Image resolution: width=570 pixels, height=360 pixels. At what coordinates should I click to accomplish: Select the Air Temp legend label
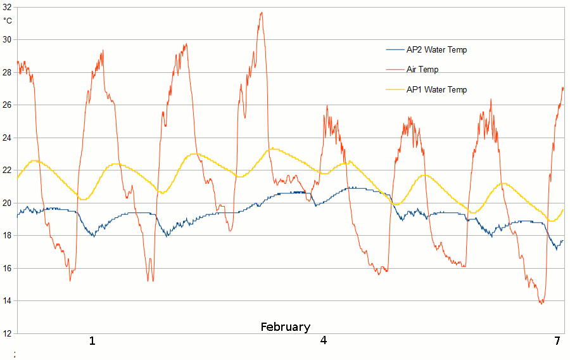point(422,70)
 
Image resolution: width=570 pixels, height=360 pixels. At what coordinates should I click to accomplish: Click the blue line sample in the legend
point(395,50)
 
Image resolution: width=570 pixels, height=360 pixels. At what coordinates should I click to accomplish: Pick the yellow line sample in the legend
point(395,90)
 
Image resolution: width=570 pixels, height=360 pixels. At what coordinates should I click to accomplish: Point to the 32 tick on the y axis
point(7,8)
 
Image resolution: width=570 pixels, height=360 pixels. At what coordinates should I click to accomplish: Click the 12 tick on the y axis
point(7,333)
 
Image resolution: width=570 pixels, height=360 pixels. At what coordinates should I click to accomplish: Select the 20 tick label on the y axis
point(7,203)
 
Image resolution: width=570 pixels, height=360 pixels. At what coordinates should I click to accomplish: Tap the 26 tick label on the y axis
point(7,105)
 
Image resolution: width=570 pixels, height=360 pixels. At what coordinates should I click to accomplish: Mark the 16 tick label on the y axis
point(7,268)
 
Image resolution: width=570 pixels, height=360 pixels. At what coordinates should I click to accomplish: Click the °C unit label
point(8,20)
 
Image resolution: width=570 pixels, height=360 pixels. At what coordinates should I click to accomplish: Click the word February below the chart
point(286,327)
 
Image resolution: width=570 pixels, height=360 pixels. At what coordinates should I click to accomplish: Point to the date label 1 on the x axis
point(92,341)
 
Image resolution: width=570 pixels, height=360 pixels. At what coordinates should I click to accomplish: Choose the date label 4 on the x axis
point(324,341)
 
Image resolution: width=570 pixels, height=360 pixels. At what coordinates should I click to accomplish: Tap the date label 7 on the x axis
point(557,341)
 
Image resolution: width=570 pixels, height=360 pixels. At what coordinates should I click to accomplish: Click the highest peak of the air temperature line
point(261,12)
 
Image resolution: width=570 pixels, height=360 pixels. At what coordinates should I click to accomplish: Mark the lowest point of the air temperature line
point(541,304)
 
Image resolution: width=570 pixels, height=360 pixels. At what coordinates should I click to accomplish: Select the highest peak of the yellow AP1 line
point(272,148)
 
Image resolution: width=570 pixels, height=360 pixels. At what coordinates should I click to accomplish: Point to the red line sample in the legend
point(395,70)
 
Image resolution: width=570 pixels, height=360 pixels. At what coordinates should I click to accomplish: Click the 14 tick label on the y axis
point(7,300)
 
